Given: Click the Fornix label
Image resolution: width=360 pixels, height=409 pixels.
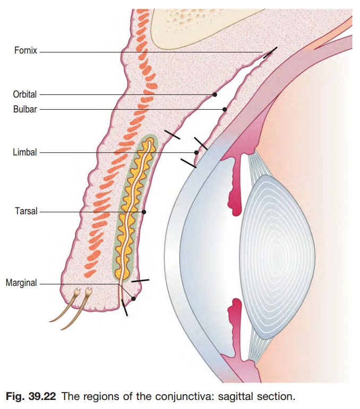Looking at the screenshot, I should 25,52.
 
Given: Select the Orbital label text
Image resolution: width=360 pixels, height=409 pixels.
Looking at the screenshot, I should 25,94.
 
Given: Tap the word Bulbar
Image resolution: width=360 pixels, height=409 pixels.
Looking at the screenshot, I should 25,110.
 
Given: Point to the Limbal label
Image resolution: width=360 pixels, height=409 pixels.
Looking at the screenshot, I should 25,152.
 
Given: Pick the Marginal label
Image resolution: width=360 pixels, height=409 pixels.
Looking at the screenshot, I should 21,283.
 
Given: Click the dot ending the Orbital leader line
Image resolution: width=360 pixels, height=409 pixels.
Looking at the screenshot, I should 215,94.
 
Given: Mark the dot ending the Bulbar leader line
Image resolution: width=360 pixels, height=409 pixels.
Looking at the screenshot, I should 225,109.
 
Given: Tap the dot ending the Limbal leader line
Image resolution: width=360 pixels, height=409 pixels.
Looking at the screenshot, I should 196,152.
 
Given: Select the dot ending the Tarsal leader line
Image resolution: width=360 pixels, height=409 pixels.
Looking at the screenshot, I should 144,212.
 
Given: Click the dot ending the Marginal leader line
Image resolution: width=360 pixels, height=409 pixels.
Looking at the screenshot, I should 133,299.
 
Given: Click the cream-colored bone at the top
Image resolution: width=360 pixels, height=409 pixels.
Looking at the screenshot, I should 212,21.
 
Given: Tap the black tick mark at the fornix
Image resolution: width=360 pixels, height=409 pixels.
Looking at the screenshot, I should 270,53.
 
